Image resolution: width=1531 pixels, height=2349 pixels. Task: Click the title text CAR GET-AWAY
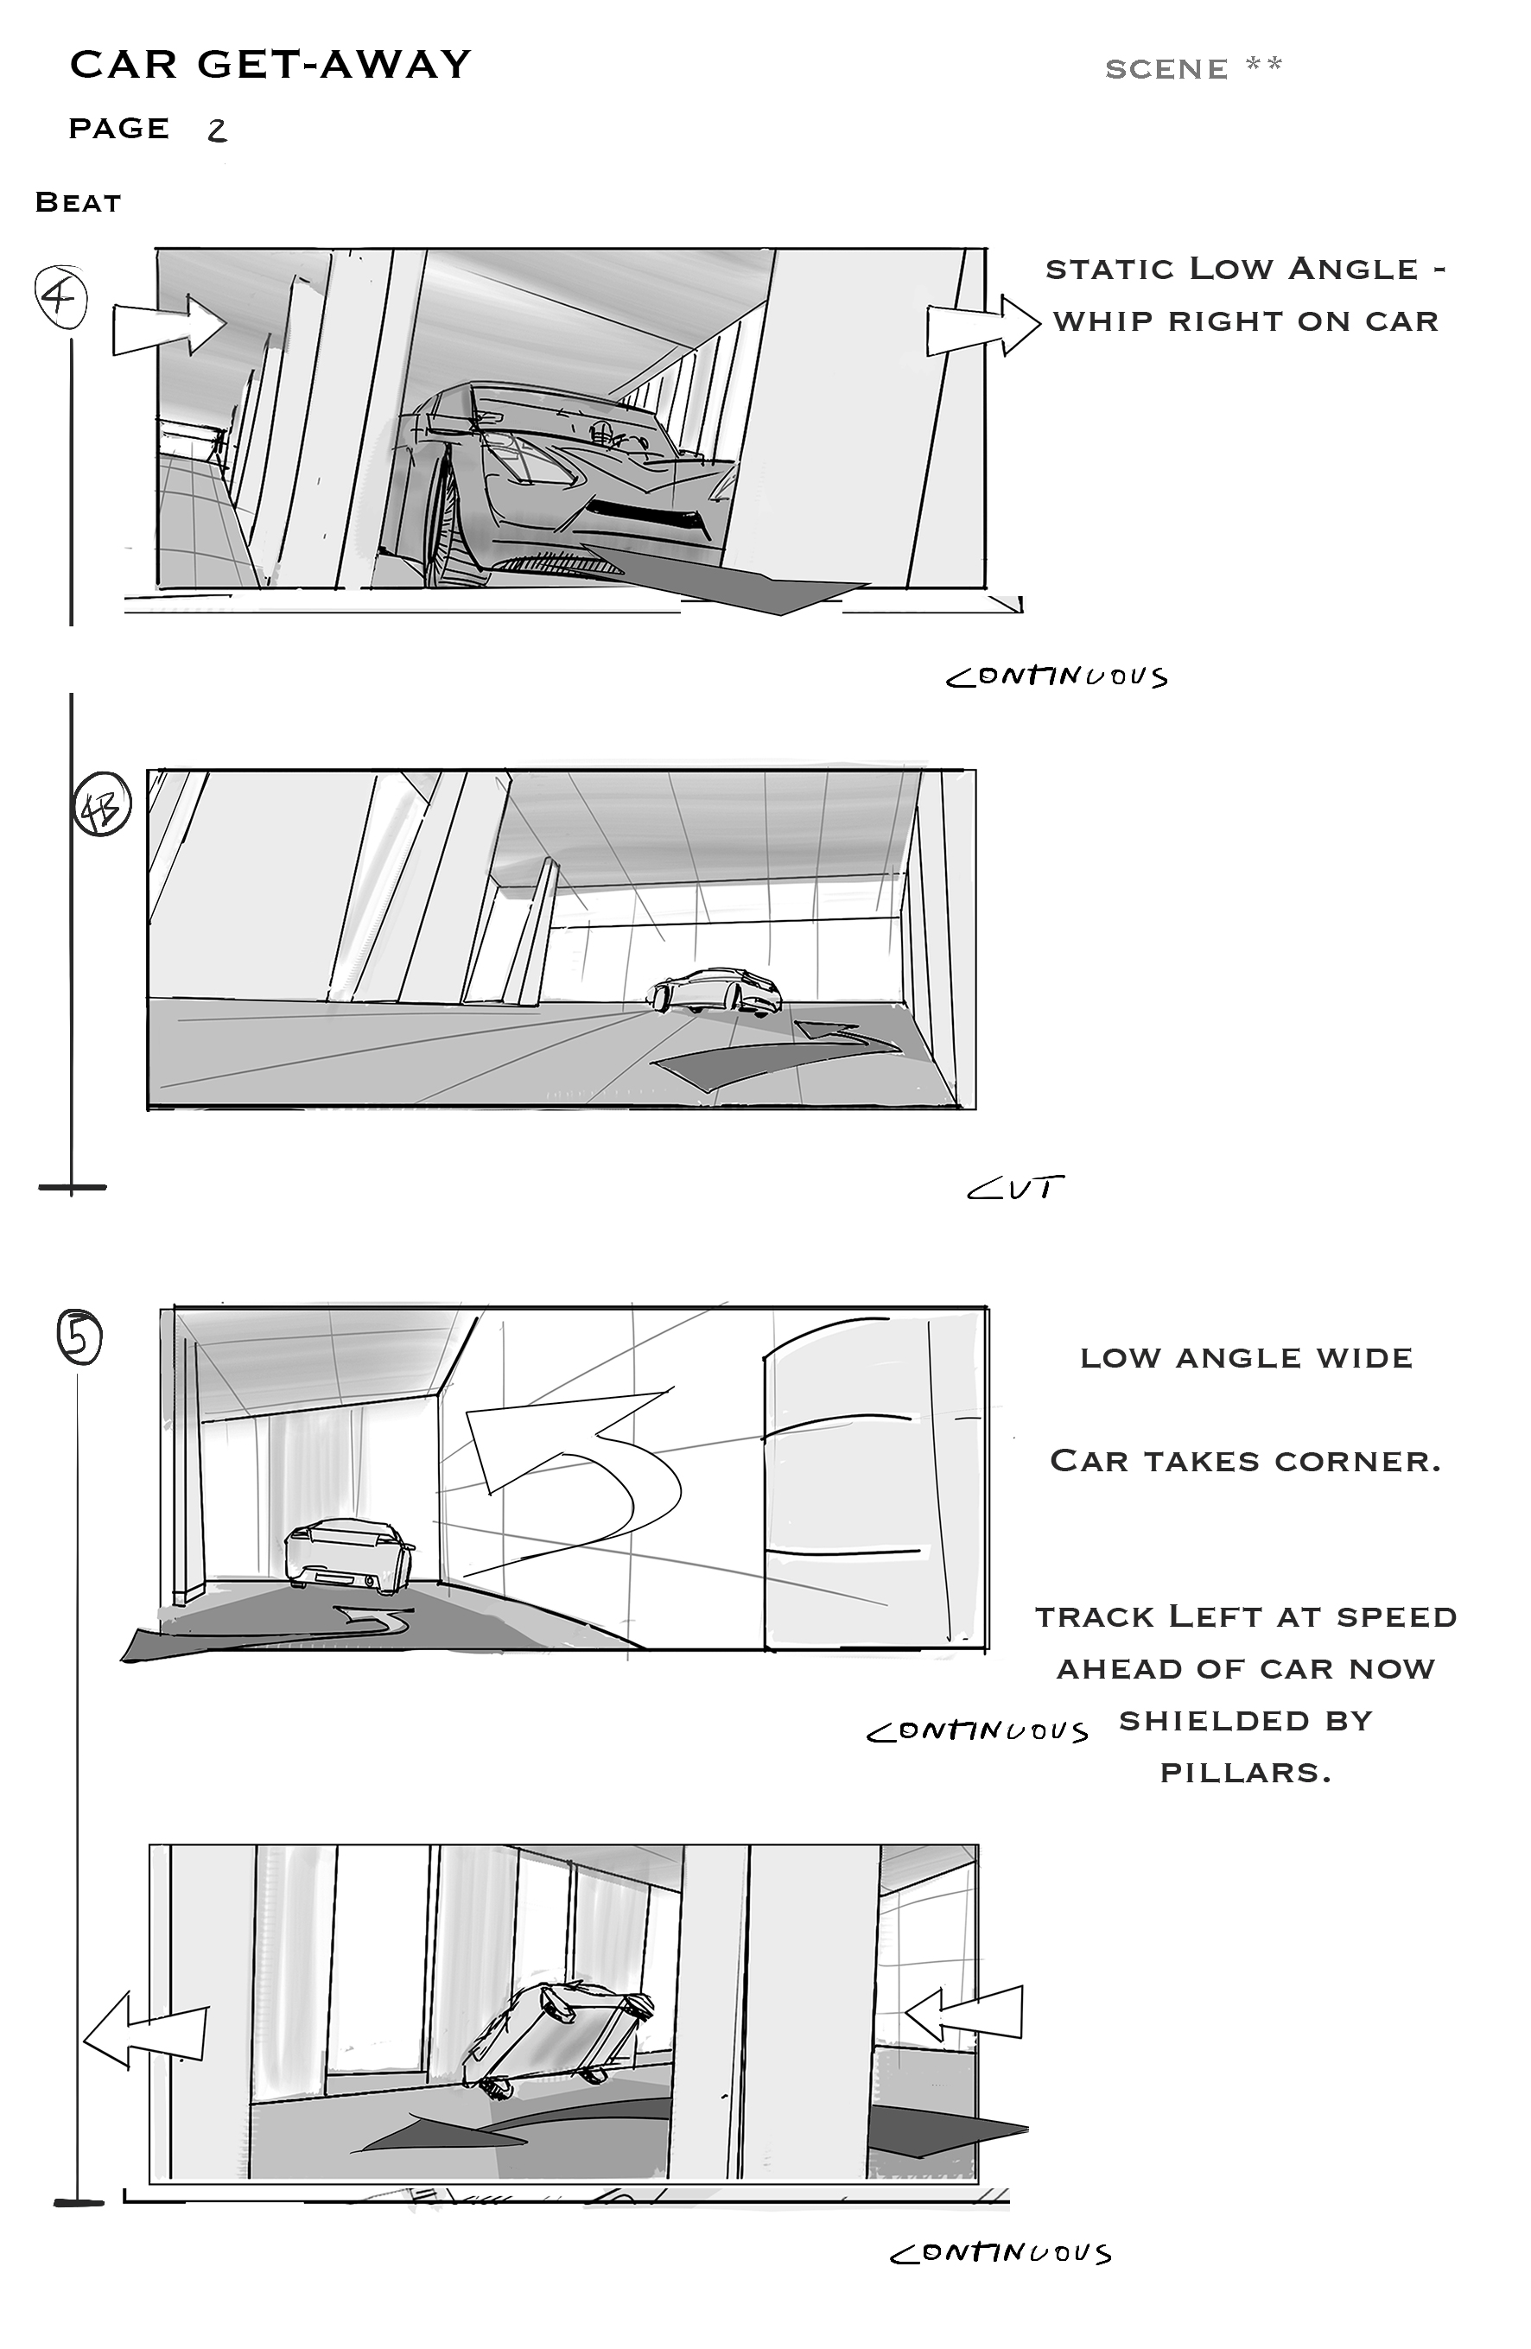270,65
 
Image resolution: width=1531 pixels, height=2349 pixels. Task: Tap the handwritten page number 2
217,130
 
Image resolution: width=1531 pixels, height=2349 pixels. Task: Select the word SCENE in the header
1166,69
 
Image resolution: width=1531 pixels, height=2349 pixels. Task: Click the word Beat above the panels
78,202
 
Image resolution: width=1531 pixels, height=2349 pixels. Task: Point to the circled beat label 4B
103,808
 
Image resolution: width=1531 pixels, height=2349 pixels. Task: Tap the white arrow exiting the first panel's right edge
983,326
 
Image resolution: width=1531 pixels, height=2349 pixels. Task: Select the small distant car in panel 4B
715,991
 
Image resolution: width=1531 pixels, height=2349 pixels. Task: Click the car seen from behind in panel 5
348,1557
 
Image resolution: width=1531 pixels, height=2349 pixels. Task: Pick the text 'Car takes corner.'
1246,1461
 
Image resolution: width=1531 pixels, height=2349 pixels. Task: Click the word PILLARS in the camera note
1246,1773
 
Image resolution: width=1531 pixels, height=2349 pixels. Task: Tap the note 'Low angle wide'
1246,1358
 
